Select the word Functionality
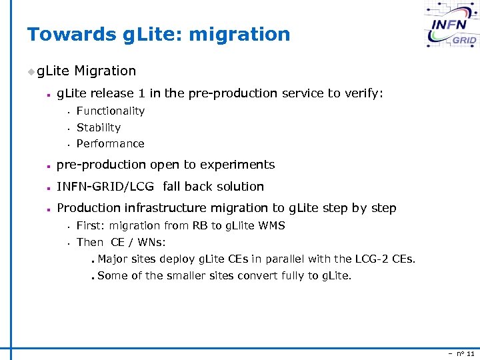click(x=111, y=111)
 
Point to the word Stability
click(x=99, y=127)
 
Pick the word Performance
click(x=111, y=144)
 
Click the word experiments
click(x=240, y=165)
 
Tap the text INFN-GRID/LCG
click(x=106, y=187)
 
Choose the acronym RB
click(x=199, y=226)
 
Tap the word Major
click(x=113, y=259)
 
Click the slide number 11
click(x=471, y=353)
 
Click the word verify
click(x=363, y=93)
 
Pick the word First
click(x=91, y=226)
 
